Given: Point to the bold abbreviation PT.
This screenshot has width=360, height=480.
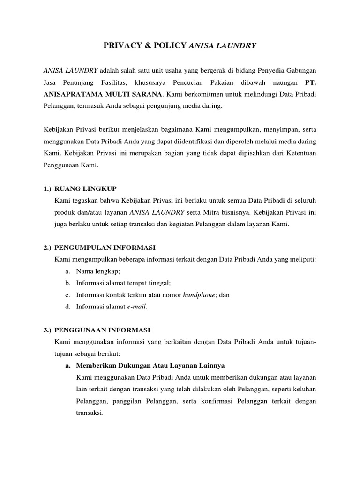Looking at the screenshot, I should [x=311, y=82].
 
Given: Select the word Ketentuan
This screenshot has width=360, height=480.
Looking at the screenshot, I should [x=299, y=153].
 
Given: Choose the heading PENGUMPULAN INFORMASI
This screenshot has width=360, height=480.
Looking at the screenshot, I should [x=105, y=247].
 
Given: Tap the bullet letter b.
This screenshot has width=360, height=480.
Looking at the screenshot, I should [x=68, y=283].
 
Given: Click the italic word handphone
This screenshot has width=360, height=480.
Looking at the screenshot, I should [x=198, y=295].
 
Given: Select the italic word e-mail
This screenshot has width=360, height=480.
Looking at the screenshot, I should [x=137, y=307].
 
